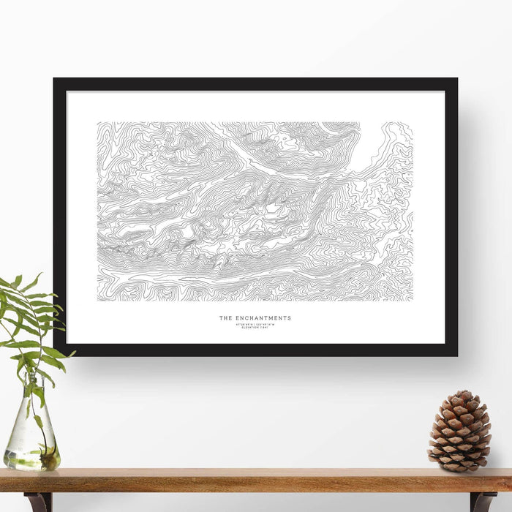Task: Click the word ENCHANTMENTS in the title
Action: click(x=263, y=318)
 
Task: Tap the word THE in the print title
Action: click(x=225, y=318)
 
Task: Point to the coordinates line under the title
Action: click(x=255, y=323)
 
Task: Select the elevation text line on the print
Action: click(x=255, y=328)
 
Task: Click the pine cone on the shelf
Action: click(x=459, y=432)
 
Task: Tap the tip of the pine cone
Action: click(x=461, y=393)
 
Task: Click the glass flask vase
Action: click(x=32, y=432)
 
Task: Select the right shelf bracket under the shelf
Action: click(x=483, y=502)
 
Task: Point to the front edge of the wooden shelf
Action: click(x=256, y=486)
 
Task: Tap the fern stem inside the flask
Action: click(x=33, y=410)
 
